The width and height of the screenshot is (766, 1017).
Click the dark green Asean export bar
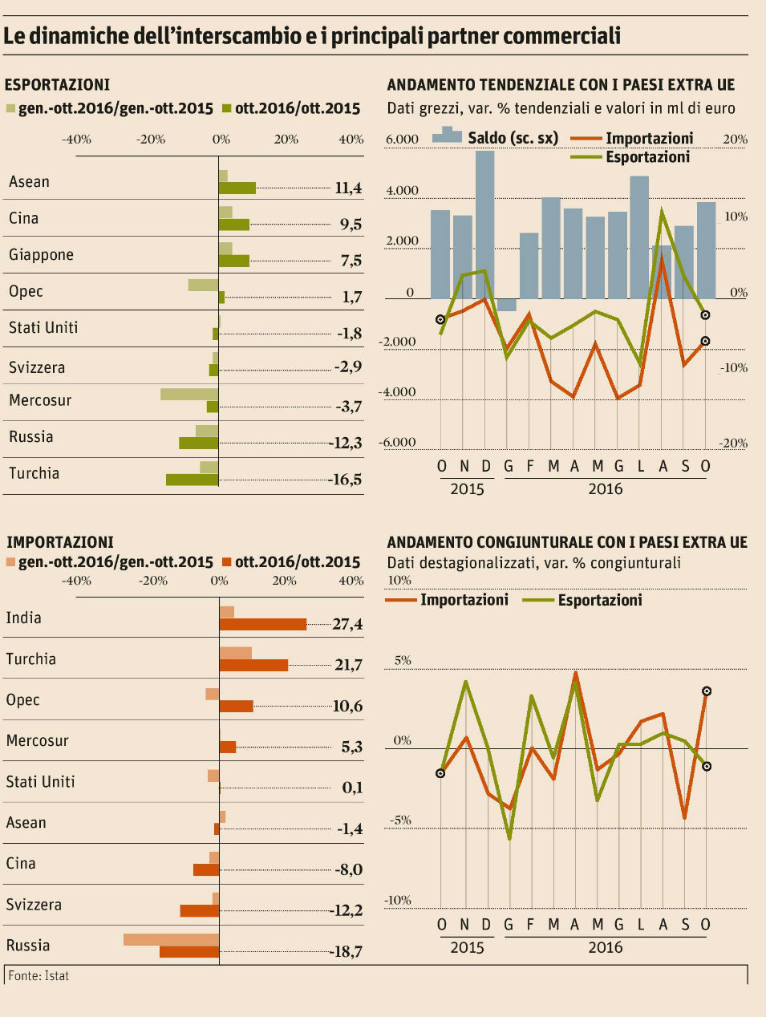click(x=237, y=188)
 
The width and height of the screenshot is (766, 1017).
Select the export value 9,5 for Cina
click(x=351, y=225)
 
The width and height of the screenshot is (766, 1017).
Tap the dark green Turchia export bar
click(x=192, y=480)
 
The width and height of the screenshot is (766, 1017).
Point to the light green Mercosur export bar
click(x=189, y=394)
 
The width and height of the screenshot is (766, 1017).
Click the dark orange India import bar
click(x=263, y=624)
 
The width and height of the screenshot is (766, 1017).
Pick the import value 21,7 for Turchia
click(x=347, y=665)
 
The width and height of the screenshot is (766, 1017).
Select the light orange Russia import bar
click(x=171, y=939)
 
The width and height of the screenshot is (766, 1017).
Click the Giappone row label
click(x=41, y=255)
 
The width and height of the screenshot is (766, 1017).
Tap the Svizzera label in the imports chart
click(x=34, y=905)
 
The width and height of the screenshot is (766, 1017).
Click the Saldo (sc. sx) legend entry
click(x=495, y=138)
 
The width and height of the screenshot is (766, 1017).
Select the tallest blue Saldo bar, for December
click(x=484, y=225)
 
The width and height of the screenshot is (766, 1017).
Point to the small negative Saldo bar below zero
click(x=507, y=305)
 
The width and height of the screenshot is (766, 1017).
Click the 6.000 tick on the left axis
click(x=402, y=140)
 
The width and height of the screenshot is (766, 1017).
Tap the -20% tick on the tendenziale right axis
click(x=734, y=443)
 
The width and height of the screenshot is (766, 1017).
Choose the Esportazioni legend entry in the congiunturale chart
click(x=599, y=600)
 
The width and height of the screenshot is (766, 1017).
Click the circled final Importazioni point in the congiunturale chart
click(x=707, y=691)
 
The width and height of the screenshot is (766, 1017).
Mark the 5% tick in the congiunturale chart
click(x=402, y=661)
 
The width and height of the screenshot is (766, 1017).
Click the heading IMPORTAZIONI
click(x=59, y=542)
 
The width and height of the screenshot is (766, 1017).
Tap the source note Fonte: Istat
click(x=39, y=976)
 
